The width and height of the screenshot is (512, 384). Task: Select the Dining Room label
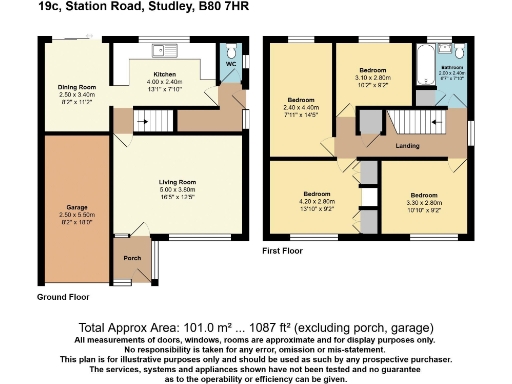(74, 87)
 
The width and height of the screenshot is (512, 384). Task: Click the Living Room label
(175, 181)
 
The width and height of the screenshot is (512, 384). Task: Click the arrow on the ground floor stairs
(144, 121)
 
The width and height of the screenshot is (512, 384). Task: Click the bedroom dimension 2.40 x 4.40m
(301, 108)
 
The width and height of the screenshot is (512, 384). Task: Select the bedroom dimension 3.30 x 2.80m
(423, 200)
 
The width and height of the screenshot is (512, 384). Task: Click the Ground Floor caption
(63, 297)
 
